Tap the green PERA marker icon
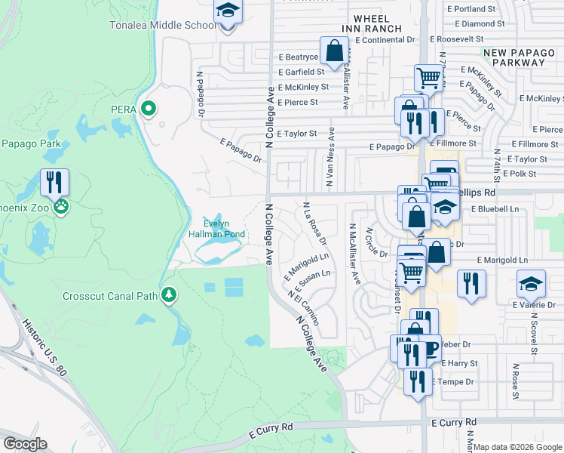[149, 109]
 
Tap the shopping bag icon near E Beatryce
[334, 51]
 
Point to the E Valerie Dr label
[536, 306]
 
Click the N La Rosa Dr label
[314, 223]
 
